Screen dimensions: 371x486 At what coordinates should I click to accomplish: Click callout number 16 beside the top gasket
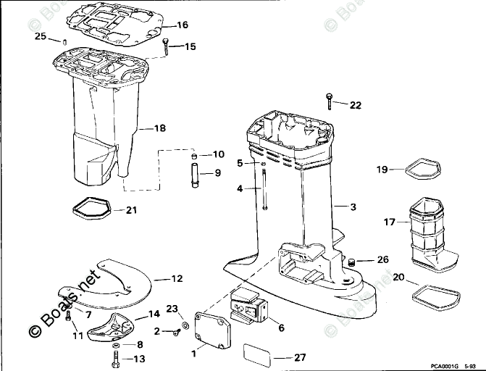[x=182, y=25]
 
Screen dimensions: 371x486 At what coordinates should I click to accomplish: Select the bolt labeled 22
[x=330, y=100]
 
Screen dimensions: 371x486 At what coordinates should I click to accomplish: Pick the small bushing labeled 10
[x=194, y=156]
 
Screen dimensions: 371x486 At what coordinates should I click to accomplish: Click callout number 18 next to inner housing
[x=160, y=128]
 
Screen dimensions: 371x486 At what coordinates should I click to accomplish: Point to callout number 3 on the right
[x=353, y=207]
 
